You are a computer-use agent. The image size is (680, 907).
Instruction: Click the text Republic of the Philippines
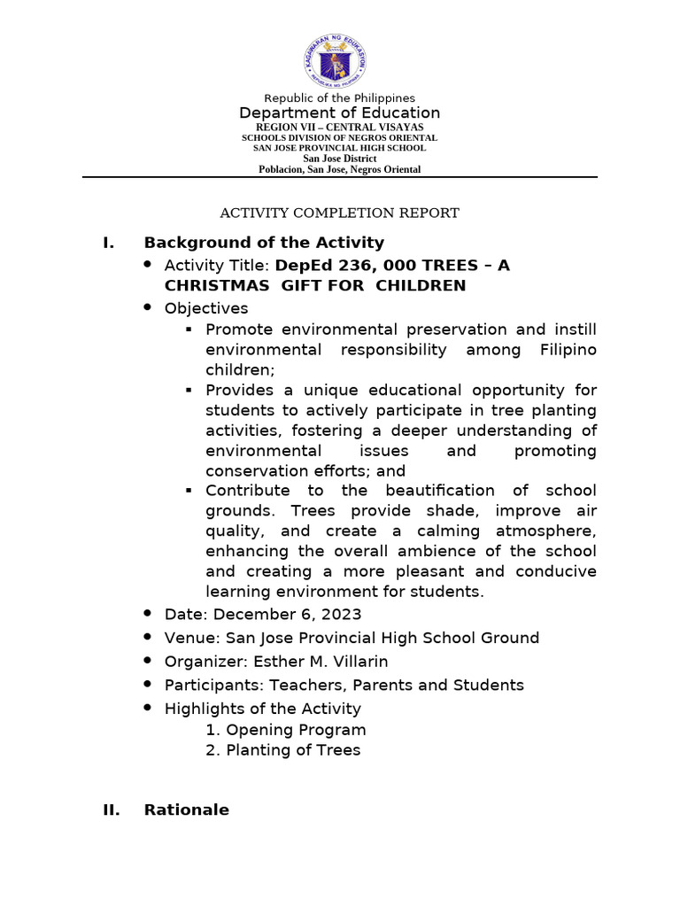point(340,97)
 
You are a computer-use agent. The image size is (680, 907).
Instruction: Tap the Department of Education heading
point(340,112)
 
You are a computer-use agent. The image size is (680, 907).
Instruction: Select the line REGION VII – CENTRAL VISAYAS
point(340,128)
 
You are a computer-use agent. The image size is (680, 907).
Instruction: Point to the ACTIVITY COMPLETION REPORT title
point(339,213)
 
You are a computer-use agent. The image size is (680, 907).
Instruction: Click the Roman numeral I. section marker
point(109,243)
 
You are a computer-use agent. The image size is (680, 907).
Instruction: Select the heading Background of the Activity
point(264,243)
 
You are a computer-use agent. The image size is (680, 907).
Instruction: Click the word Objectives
point(206,308)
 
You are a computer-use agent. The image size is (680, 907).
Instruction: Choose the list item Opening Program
point(296,730)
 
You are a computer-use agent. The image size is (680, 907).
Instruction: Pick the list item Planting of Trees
point(293,750)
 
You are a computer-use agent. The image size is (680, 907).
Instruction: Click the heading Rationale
point(186,810)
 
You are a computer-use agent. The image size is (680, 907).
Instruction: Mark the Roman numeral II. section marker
point(112,810)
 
